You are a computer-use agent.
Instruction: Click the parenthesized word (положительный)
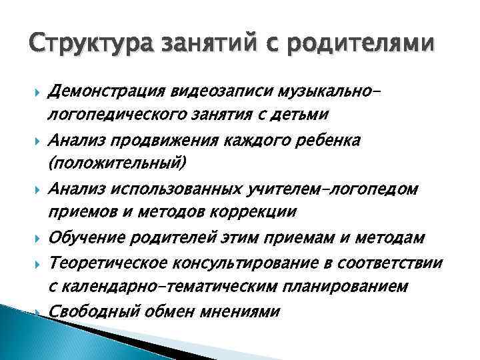(117, 163)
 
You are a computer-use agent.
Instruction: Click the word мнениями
(247, 311)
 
